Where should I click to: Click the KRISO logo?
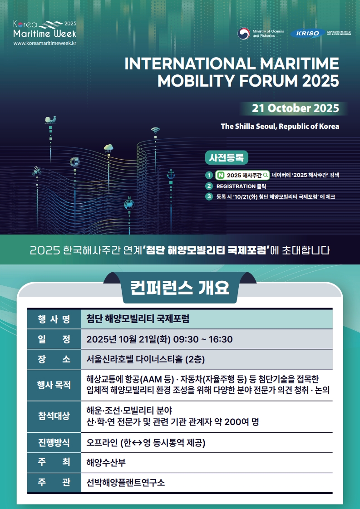[308, 34]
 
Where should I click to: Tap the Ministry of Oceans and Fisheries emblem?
[243, 34]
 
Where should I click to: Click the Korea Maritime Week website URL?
[45, 43]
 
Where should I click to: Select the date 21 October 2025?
[296, 108]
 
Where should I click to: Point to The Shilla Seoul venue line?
[280, 126]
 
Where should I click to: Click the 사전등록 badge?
[227, 158]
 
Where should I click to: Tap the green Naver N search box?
[242, 175]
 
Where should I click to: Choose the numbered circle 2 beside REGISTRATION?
[209, 186]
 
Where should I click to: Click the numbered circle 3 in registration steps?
[209, 196]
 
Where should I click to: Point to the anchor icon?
[171, 174]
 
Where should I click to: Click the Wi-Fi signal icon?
[156, 130]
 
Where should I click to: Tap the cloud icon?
[108, 148]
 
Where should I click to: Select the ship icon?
[50, 119]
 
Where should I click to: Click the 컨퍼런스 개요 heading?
[180, 288]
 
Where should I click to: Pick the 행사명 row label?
[54, 319]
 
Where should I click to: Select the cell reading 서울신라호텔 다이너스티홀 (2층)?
[146, 359]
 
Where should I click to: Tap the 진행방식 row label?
[54, 443]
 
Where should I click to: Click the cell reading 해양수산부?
[106, 463]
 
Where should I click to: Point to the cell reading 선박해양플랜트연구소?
[125, 483]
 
